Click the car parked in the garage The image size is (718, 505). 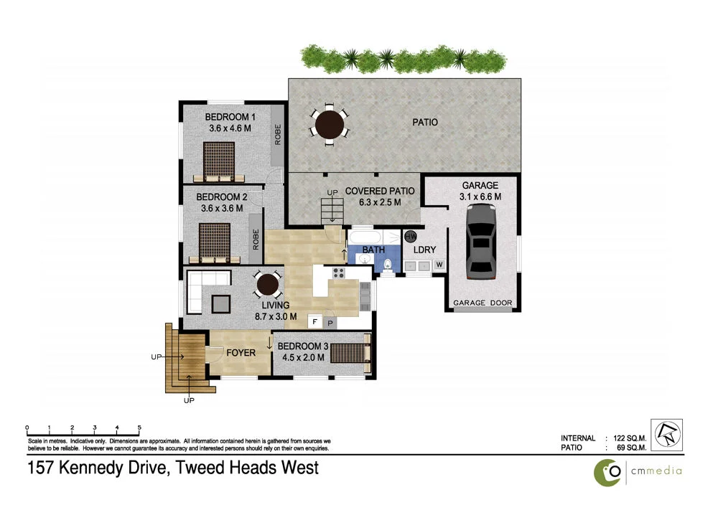pyautogui.click(x=481, y=241)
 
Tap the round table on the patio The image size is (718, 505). pyautogui.click(x=329, y=123)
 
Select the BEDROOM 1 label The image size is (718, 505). pyautogui.click(x=230, y=117)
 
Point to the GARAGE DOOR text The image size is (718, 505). pyautogui.click(x=482, y=303)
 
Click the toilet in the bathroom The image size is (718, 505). pyautogui.click(x=388, y=265)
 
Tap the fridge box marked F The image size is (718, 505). pyautogui.click(x=314, y=322)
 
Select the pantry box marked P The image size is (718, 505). pyautogui.click(x=328, y=322)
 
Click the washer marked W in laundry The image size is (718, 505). pyautogui.click(x=439, y=265)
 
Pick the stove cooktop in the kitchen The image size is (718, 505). pyautogui.click(x=339, y=273)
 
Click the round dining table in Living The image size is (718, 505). pyautogui.click(x=268, y=285)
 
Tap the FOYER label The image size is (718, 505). pyautogui.click(x=241, y=352)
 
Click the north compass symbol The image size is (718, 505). pyautogui.click(x=666, y=435)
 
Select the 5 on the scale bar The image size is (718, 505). pyautogui.click(x=139, y=427)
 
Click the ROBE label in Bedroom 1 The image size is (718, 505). pyautogui.click(x=277, y=134)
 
